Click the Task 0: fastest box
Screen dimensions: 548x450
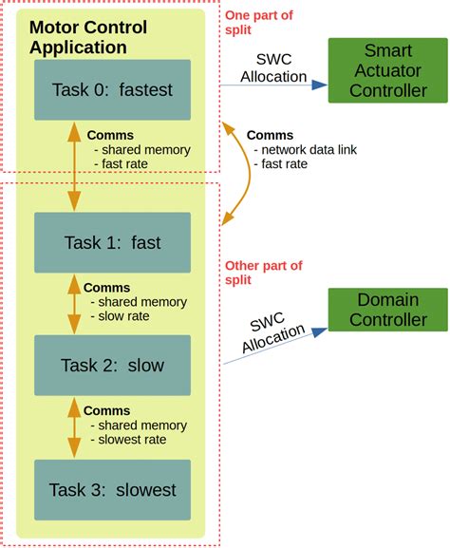tap(112, 89)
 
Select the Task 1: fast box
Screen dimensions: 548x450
tap(112, 242)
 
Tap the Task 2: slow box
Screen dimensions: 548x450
tap(112, 365)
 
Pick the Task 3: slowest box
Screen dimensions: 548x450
tap(112, 489)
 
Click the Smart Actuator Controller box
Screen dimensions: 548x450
tap(387, 70)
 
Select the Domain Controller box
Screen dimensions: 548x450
tap(387, 310)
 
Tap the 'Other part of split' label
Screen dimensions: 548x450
tap(263, 274)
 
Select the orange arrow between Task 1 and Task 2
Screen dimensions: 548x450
tap(74, 304)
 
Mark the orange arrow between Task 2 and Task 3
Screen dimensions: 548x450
tap(74, 427)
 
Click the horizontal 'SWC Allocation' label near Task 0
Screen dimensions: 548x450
tap(273, 66)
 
